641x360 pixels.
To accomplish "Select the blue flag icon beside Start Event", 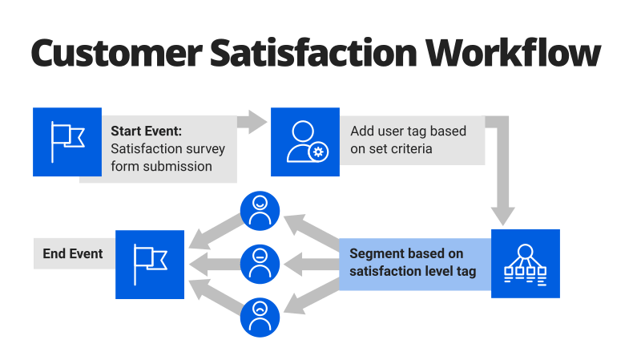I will tap(67, 142).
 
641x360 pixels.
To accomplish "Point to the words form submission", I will tap(161, 166).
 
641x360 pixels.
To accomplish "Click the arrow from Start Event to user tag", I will tap(255, 122).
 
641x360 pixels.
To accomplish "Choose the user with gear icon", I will tap(304, 142).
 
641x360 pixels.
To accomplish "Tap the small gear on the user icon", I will tap(318, 152).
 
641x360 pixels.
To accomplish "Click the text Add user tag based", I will tap(408, 131).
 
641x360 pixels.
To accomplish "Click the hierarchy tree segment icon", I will tap(525, 264).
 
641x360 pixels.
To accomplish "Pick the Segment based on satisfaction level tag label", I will tap(413, 262).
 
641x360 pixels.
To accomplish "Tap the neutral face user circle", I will tap(260, 263).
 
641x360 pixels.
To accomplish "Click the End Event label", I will tap(73, 254).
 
